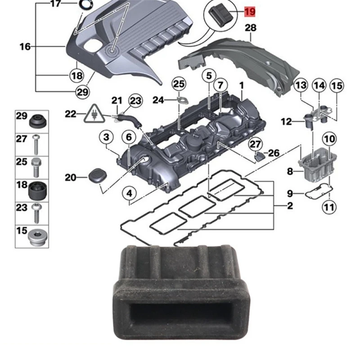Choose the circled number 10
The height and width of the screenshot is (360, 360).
(x=329, y=139)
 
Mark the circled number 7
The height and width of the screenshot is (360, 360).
(x=220, y=85)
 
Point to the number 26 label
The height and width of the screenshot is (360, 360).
(x=274, y=153)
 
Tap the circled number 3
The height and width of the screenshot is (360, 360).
(x=106, y=136)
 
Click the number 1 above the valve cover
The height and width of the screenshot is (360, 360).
(x=241, y=85)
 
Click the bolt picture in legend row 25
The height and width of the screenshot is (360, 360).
(x=36, y=166)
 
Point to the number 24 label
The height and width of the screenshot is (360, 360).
(x=158, y=100)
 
